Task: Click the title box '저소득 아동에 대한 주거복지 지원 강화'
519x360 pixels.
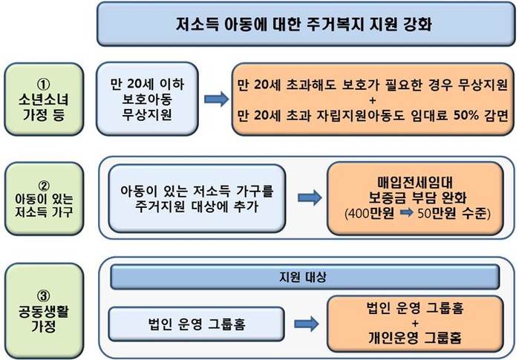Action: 306,23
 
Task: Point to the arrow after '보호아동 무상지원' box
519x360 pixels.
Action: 216,98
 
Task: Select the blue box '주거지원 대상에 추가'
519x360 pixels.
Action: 195,197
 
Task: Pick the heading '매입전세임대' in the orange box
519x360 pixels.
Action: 408,181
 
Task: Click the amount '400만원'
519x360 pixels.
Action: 369,214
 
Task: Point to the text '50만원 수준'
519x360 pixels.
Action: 441,214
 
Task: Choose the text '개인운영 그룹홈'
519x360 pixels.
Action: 409,337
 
